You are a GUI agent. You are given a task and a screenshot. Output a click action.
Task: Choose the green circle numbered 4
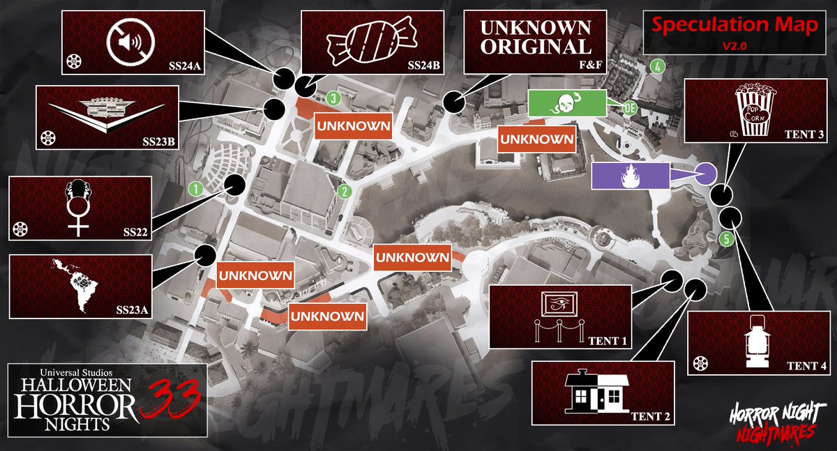656,67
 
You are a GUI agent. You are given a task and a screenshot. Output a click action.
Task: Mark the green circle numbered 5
727,239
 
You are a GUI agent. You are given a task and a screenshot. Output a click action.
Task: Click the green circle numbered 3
334,99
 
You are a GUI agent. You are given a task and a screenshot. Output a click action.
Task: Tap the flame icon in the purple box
630,175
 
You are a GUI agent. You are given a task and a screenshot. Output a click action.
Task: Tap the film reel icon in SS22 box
21,229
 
